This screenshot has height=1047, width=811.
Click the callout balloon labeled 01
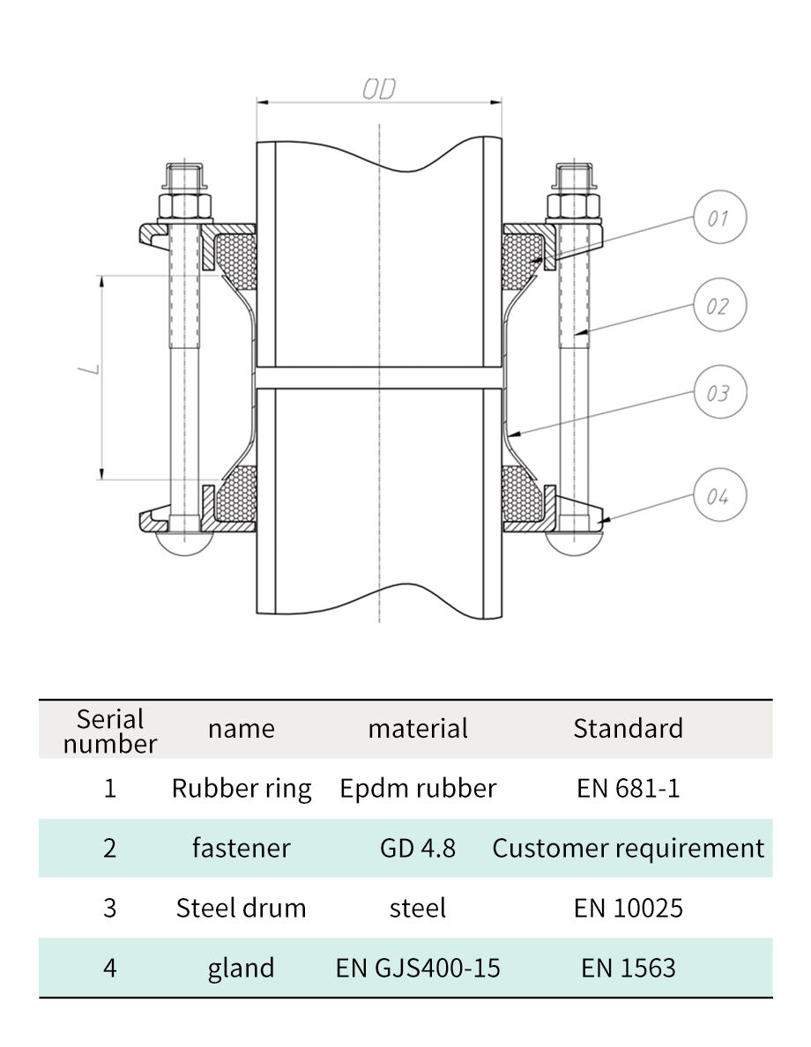click(x=718, y=218)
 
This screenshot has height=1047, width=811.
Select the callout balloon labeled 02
click(x=718, y=306)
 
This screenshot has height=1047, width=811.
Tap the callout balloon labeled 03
click(x=718, y=392)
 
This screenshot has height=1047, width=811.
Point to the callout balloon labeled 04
click(x=718, y=496)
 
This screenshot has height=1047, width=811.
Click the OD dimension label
click(x=379, y=89)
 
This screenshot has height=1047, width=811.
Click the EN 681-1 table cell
click(x=628, y=788)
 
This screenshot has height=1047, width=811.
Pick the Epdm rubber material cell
click(x=418, y=788)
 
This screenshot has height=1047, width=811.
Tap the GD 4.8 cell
click(x=418, y=848)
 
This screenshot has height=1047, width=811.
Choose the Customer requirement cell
click(x=628, y=848)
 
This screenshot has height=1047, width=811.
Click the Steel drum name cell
click(x=241, y=908)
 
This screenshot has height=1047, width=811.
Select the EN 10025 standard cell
click(x=628, y=908)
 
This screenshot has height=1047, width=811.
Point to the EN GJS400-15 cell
click(x=418, y=968)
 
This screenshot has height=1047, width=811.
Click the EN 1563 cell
click(x=628, y=968)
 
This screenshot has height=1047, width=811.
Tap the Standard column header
click(x=628, y=728)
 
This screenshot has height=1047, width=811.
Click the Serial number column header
click(x=109, y=731)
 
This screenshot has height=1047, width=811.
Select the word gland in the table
click(x=241, y=968)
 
